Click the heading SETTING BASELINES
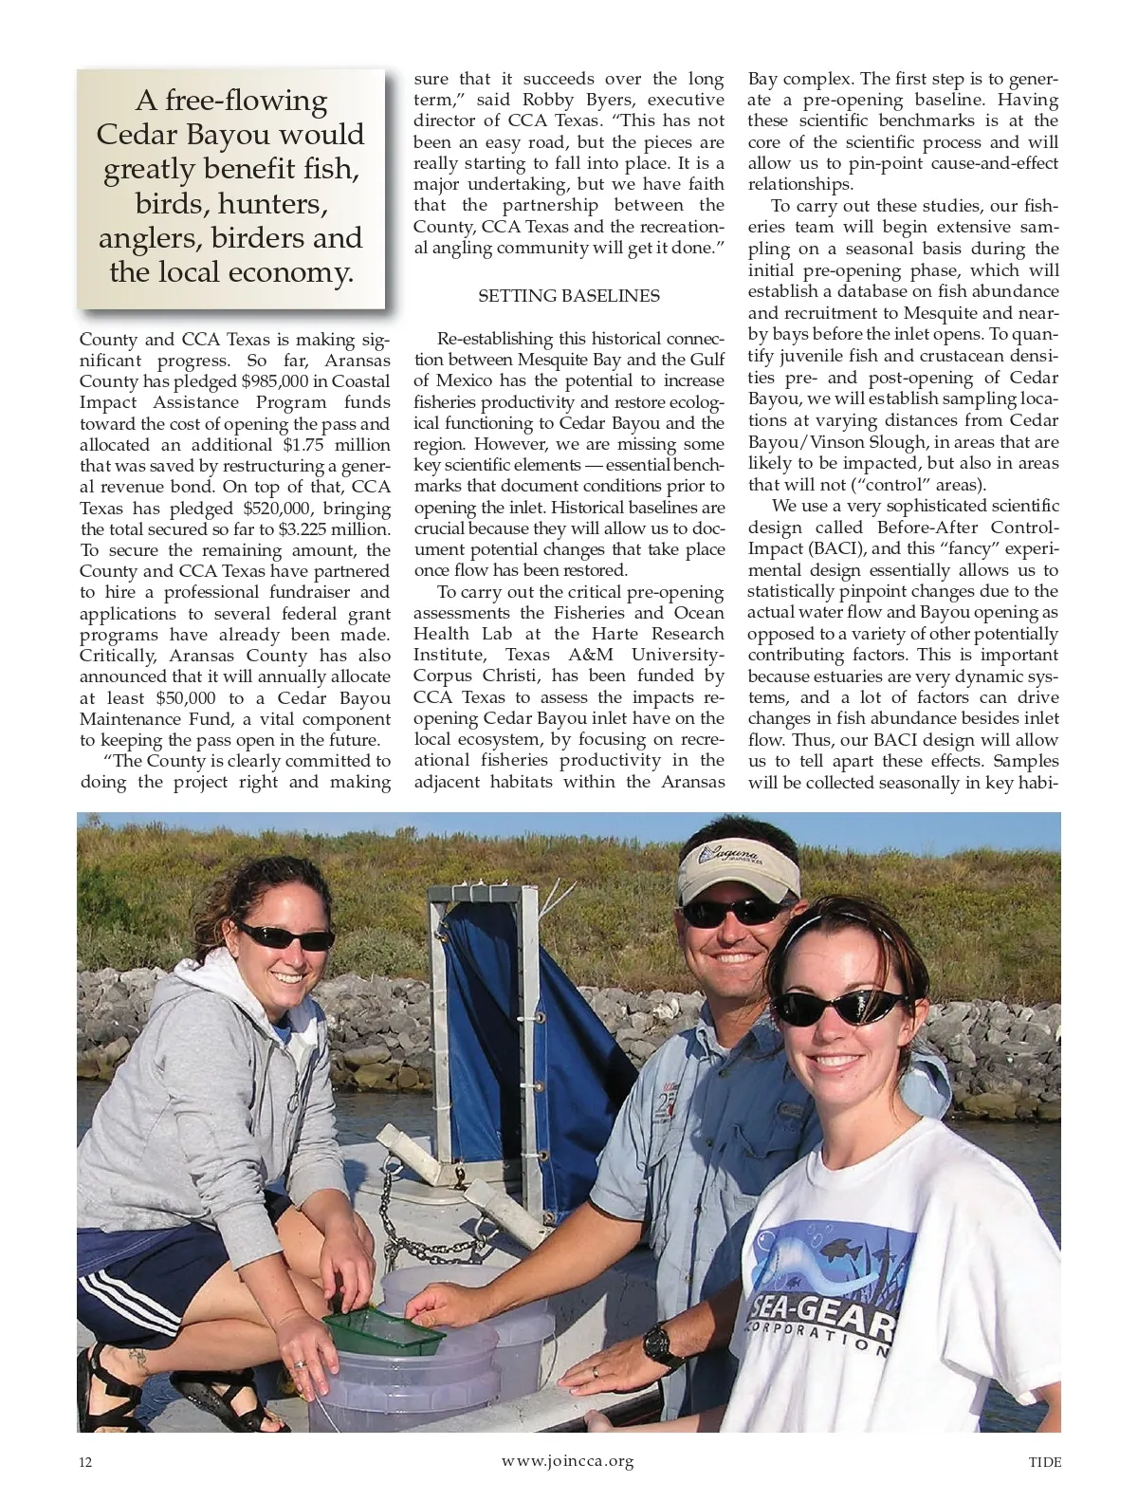pos(568,296)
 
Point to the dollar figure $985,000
pos(280,381)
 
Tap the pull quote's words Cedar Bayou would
pos(230,134)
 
